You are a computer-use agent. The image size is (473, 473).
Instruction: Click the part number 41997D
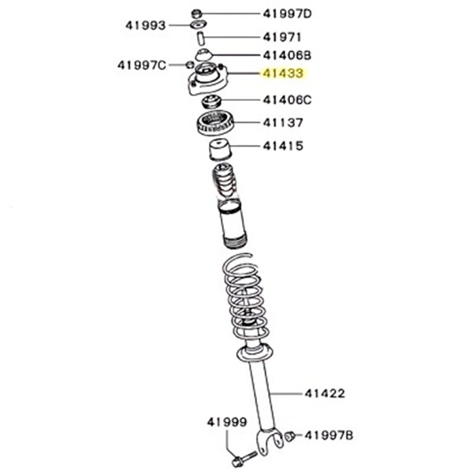(287, 14)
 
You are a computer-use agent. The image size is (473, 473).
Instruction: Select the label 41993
(145, 26)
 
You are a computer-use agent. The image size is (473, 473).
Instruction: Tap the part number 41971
(282, 37)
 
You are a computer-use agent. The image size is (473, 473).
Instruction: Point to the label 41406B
(287, 55)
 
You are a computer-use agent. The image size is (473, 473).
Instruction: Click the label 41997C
(142, 65)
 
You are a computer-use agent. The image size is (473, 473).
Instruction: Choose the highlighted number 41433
(283, 73)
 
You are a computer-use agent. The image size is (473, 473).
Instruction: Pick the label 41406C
(287, 100)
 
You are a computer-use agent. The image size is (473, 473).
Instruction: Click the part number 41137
(283, 123)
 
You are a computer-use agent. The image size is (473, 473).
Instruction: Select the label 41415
(283, 146)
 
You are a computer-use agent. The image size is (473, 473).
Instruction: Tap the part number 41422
(325, 393)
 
